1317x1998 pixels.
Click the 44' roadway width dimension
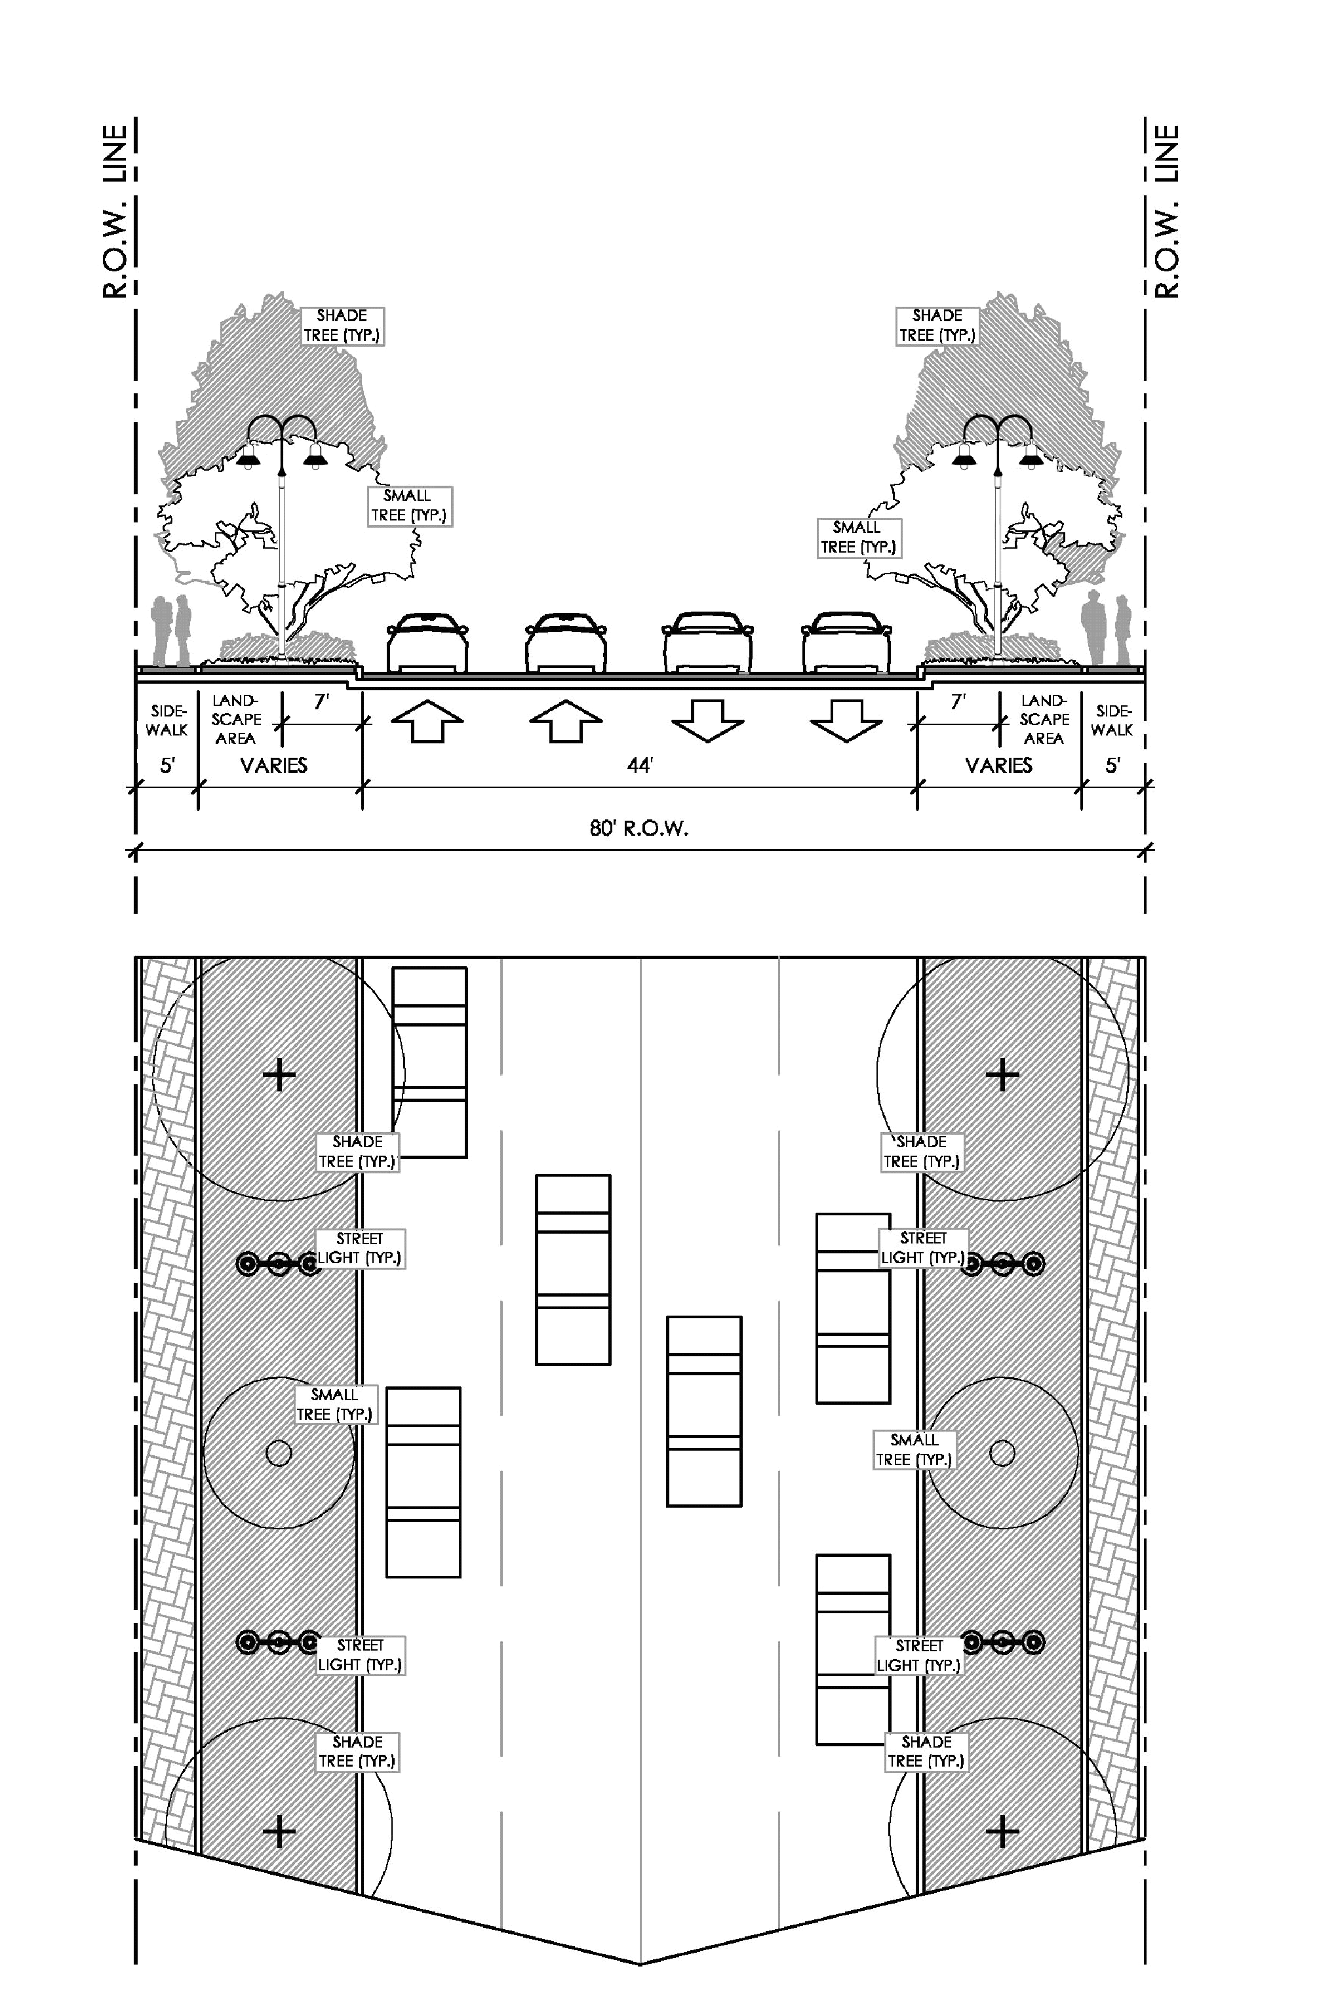click(x=640, y=765)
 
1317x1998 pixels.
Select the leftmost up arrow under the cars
click(x=427, y=722)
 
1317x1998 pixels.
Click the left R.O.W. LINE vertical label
click(x=115, y=212)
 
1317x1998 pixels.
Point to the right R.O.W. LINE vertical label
click(x=1167, y=212)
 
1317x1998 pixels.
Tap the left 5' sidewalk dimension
click(x=167, y=765)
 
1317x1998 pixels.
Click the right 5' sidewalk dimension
click(x=1113, y=765)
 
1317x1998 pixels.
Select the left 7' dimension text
click(x=322, y=702)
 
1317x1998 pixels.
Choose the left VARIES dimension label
click(x=274, y=765)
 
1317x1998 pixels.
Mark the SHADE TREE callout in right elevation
click(x=937, y=326)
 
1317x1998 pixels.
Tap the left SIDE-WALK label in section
click(x=167, y=720)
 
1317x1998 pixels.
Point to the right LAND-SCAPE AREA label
click(x=1044, y=720)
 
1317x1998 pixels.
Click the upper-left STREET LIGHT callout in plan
click(x=361, y=1249)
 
